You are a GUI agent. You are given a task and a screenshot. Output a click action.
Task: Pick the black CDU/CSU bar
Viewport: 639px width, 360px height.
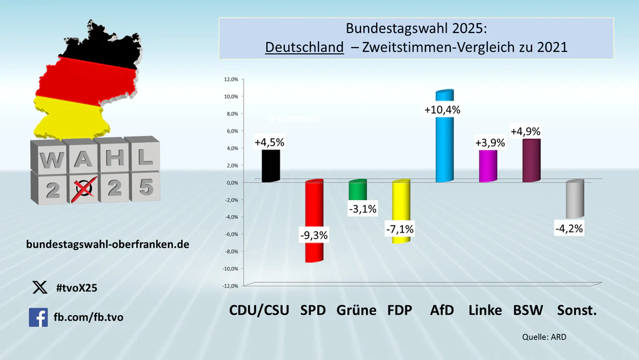(x=270, y=166)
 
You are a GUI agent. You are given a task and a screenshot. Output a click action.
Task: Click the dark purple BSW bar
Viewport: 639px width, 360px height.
(x=531, y=161)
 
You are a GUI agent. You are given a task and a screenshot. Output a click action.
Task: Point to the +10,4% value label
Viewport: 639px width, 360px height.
(x=442, y=110)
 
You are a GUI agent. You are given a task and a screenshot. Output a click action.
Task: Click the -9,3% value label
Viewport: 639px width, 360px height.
(x=313, y=235)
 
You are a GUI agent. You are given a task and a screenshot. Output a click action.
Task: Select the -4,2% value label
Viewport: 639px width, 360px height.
(x=568, y=229)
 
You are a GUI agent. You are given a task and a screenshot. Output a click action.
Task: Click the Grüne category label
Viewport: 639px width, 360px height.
(x=356, y=311)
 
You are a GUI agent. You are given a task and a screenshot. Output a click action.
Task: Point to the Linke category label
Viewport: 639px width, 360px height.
(x=485, y=311)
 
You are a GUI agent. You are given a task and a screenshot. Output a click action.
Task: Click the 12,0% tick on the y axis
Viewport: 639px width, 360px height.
(x=230, y=79)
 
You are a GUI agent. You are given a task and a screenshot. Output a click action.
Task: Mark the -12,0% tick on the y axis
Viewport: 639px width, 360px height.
(x=229, y=286)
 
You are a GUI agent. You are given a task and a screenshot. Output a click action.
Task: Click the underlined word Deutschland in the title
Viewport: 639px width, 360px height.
(x=304, y=47)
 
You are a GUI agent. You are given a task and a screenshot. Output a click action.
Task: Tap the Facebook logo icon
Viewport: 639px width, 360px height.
(x=38, y=317)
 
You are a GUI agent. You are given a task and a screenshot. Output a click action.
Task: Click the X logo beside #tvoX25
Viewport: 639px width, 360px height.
(x=39, y=287)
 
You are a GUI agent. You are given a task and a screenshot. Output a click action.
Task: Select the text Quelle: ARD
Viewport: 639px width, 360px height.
(x=543, y=337)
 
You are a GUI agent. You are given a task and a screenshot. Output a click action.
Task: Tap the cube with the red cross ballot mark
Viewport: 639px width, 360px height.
(x=84, y=187)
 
